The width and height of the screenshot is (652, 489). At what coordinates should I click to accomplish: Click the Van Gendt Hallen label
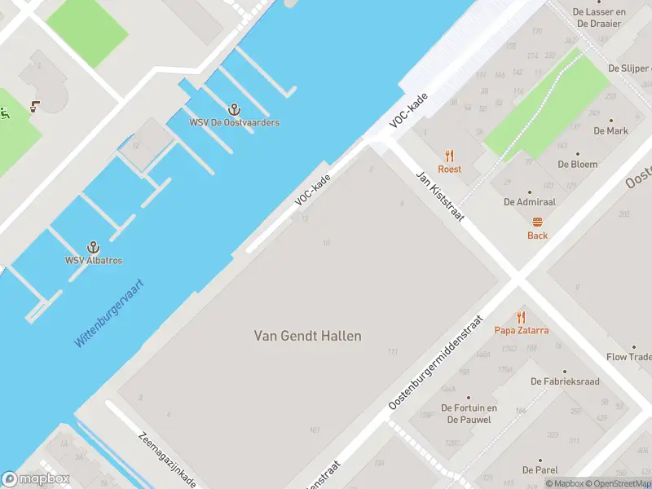pyautogui.click(x=308, y=336)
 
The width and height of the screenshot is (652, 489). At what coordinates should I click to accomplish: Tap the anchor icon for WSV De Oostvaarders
pyautogui.click(x=235, y=109)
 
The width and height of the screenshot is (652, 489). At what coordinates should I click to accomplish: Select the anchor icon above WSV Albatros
pyautogui.click(x=94, y=247)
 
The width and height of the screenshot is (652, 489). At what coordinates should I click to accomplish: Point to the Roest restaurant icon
pyautogui.click(x=449, y=156)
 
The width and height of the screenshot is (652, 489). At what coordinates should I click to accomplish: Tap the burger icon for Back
pyautogui.click(x=537, y=222)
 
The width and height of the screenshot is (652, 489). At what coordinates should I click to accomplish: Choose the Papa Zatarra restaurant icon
pyautogui.click(x=521, y=317)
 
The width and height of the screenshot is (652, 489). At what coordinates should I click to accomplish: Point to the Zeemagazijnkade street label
pyautogui.click(x=167, y=460)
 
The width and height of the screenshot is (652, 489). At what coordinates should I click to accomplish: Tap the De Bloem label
pyautogui.click(x=577, y=164)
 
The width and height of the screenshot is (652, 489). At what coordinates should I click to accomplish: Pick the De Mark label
pyautogui.click(x=610, y=130)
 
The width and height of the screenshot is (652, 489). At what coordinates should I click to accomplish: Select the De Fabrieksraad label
pyautogui.click(x=565, y=381)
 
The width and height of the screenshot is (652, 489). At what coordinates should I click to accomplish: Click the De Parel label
pyautogui.click(x=540, y=470)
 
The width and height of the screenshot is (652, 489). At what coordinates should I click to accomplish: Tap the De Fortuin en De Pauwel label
pyautogui.click(x=469, y=414)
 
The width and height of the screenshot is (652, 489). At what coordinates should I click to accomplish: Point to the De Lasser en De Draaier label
pyautogui.click(x=599, y=18)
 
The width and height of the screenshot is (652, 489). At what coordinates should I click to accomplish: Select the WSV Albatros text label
pyautogui.click(x=94, y=261)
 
